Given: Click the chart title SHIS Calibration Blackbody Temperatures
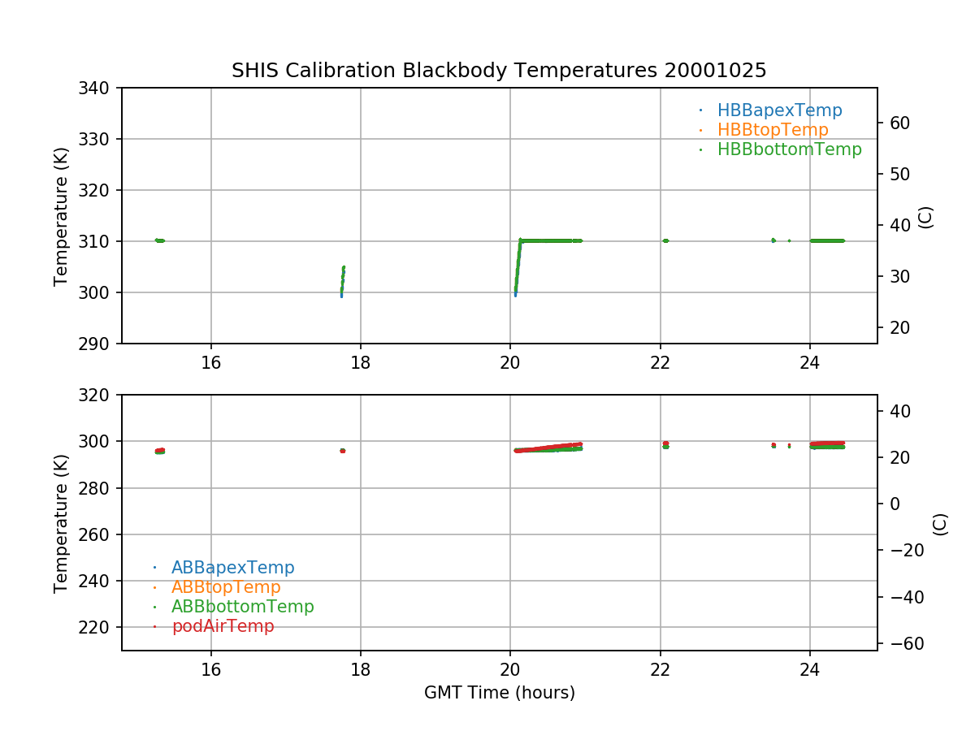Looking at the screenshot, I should click(499, 71).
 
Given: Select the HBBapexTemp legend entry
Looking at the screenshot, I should click(779, 110).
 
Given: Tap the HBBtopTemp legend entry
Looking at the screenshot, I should click(773, 130).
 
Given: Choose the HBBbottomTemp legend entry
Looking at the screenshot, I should click(789, 149).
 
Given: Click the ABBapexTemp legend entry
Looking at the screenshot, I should click(232, 568).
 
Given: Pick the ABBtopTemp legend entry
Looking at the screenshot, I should click(226, 587).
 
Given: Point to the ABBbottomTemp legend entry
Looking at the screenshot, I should click(242, 607).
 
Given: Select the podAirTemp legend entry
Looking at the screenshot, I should click(223, 626).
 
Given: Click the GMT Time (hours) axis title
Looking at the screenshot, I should click(499, 693).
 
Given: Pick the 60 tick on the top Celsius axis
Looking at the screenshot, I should click(898, 123).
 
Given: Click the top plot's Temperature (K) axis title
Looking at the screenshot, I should click(61, 216).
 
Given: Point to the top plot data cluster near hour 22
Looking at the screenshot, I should click(665, 240).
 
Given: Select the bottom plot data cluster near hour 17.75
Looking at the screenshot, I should click(342, 451).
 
